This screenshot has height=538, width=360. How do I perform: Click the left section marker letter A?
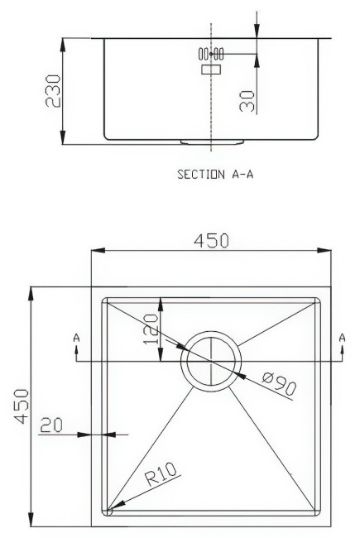coord(77,338)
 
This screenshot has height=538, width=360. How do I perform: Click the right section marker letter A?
coord(342,338)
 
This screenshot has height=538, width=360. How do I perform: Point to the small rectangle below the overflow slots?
coord(212,71)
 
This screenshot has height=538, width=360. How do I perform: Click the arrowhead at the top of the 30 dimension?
coord(257,33)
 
